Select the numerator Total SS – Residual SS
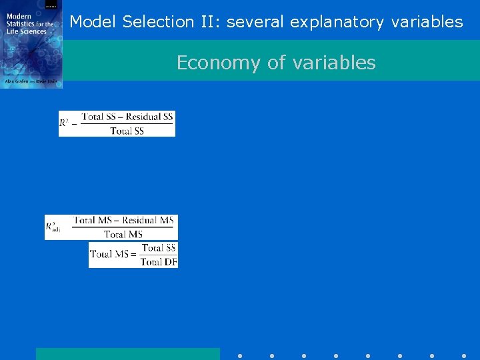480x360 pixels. click(x=127, y=117)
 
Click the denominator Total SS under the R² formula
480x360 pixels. click(x=127, y=131)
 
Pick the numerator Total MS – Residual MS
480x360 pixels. click(x=124, y=220)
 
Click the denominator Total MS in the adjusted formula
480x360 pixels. click(x=123, y=234)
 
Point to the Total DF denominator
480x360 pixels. click(x=159, y=261)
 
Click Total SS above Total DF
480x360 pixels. click(x=159, y=247)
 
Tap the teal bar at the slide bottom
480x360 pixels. click(x=127, y=353)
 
